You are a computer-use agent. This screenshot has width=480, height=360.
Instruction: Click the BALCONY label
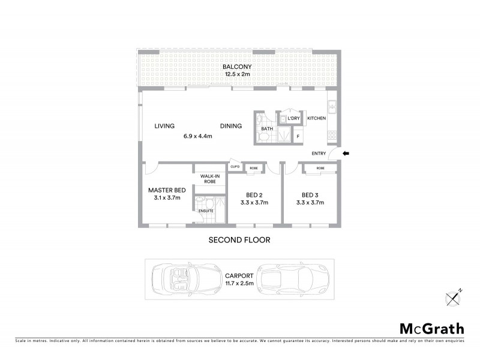[237, 66]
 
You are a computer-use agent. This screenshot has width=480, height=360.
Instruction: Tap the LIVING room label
[164, 126]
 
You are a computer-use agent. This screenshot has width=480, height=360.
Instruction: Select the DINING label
[230, 126]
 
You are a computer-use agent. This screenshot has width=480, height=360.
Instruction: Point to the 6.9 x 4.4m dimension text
[198, 136]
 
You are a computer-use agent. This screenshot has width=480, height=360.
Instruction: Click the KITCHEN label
[316, 118]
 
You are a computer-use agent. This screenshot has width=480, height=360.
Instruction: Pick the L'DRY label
[293, 118]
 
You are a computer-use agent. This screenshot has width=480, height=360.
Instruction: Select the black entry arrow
[345, 154]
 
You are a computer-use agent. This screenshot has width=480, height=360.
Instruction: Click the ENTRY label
[319, 154]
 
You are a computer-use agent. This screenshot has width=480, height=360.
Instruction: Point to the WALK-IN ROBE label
[208, 178]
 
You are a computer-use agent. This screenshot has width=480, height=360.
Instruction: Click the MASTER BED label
[167, 190]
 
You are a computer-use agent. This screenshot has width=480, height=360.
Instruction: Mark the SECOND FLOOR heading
[239, 240]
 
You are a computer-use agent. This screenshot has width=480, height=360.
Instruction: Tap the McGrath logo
[431, 328]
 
